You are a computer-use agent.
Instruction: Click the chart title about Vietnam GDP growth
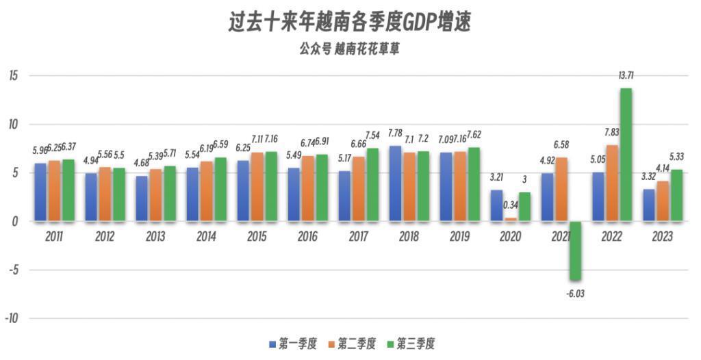350,23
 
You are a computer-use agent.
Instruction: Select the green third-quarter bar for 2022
626,155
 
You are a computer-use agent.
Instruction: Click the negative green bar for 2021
575,250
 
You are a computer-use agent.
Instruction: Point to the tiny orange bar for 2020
511,219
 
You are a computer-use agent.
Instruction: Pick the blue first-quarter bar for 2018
395,183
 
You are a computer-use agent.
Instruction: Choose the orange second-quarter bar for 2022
612,183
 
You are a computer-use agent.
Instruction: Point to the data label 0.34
510,205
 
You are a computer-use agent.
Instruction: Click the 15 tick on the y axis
13,76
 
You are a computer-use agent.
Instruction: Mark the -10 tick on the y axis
12,319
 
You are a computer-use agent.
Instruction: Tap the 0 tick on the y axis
16,222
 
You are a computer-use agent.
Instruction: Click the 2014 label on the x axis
206,237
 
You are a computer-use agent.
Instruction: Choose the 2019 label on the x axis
459,237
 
